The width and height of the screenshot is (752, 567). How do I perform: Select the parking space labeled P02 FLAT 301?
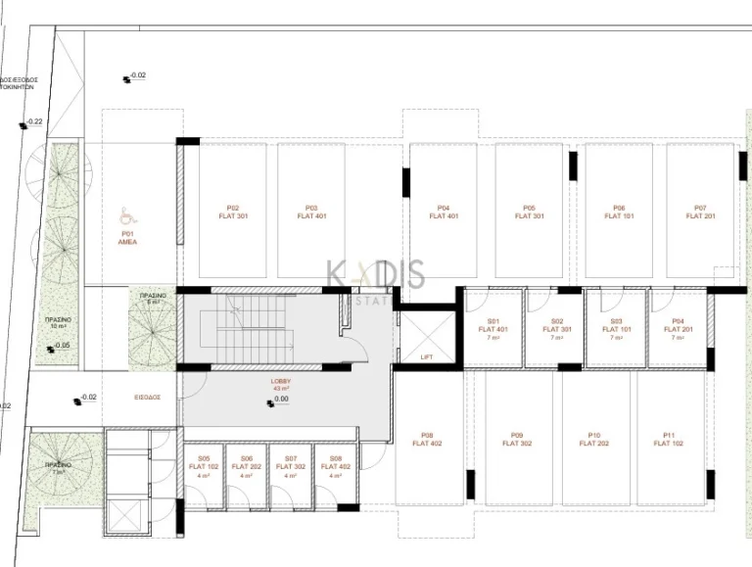click(x=233, y=212)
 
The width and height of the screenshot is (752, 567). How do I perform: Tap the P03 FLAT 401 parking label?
click(x=310, y=212)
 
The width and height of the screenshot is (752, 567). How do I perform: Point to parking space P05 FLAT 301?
click(x=529, y=212)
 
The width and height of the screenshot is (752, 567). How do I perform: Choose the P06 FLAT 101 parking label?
click(x=619, y=212)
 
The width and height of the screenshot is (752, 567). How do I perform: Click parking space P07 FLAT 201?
click(x=700, y=212)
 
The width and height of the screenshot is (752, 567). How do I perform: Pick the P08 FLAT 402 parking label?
click(x=427, y=439)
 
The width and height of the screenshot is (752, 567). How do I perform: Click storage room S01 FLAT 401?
click(x=493, y=329)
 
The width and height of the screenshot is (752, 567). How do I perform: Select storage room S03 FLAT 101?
click(x=617, y=329)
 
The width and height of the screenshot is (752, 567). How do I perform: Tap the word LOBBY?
click(x=281, y=380)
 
